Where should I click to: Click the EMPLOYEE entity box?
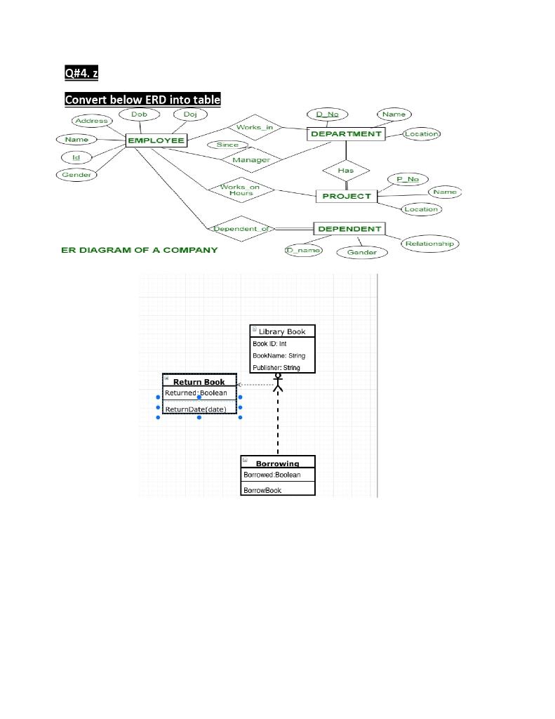click(x=156, y=140)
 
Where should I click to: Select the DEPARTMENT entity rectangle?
click(x=346, y=133)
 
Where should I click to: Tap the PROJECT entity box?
click(x=346, y=196)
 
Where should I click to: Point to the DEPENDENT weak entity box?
click(x=349, y=229)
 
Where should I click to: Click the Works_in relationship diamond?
click(x=254, y=127)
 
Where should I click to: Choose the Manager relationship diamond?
click(x=250, y=160)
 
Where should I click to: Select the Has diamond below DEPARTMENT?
click(x=346, y=170)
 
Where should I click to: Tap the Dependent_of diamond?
click(x=241, y=229)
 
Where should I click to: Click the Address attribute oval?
click(x=91, y=121)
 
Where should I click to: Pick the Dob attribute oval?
click(x=138, y=114)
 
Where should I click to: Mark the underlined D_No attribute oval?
click(x=327, y=114)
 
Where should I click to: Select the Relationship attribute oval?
click(x=429, y=244)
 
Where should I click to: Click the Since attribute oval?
click(x=227, y=145)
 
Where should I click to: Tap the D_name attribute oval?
click(x=303, y=250)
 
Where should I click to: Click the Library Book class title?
click(x=283, y=331)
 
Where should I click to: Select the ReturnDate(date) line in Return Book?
click(x=196, y=409)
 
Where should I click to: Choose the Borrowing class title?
click(x=277, y=463)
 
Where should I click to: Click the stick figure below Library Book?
click(x=278, y=382)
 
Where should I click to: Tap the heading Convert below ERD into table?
click(x=142, y=100)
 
